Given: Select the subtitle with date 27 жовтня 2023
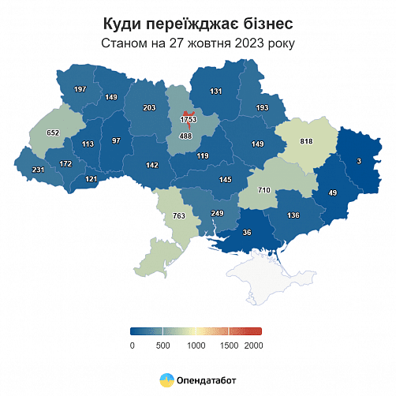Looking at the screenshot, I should click(x=197, y=43).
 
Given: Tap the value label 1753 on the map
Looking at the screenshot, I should click(x=188, y=119).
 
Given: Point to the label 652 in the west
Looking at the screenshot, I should click(x=53, y=133).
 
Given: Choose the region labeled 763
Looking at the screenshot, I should click(x=179, y=215).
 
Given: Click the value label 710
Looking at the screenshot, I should click(x=264, y=191).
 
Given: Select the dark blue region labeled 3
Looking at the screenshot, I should click(x=359, y=161).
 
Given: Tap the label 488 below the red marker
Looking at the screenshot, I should click(x=187, y=136).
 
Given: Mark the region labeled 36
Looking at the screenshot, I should click(x=247, y=232).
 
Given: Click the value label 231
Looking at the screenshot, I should click(x=36, y=170).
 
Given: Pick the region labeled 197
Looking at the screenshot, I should click(x=79, y=89).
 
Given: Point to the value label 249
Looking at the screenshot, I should click(x=218, y=214).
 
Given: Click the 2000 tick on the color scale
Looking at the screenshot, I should click(x=253, y=346).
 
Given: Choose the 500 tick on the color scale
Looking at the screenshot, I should click(x=163, y=346).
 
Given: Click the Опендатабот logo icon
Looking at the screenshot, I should click(x=167, y=379).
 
